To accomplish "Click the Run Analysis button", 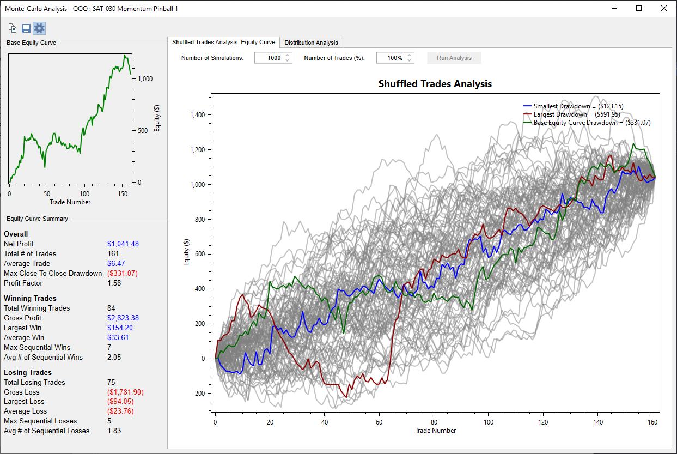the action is tap(454, 58).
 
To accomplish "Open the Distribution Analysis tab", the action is tap(311, 43).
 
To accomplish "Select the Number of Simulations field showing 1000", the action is tap(273, 58).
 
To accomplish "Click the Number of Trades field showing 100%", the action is tap(395, 58).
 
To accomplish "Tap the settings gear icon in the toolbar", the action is tap(39, 28).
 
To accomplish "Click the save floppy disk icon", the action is tap(26, 28).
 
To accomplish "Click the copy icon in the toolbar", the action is tap(13, 28).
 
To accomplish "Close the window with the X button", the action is tap(664, 9).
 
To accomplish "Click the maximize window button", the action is tap(639, 9).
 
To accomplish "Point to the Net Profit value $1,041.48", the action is tap(123, 244).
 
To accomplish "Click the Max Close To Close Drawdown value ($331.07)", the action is tap(123, 273).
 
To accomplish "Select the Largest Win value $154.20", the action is tap(120, 328).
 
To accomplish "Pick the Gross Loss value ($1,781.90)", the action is tap(125, 392).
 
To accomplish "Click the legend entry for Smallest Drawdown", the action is tap(573, 106).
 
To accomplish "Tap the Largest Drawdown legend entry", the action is tap(571, 114).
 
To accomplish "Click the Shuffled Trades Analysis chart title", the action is tap(435, 84).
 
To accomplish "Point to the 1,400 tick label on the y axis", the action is tap(197, 114).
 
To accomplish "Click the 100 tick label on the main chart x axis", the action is tap(489, 422).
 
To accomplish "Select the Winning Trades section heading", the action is tap(30, 298).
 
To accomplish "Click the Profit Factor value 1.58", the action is tap(114, 283).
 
